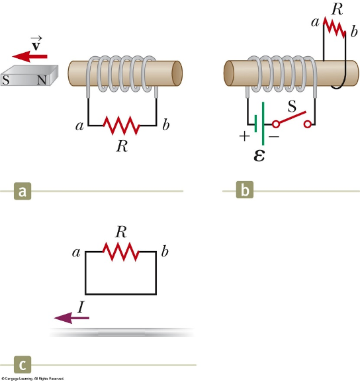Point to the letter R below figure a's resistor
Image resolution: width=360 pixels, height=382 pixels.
coord(121,145)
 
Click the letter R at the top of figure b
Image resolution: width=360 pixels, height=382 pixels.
coord(336,9)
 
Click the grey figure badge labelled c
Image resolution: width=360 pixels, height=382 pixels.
coord(22,365)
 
